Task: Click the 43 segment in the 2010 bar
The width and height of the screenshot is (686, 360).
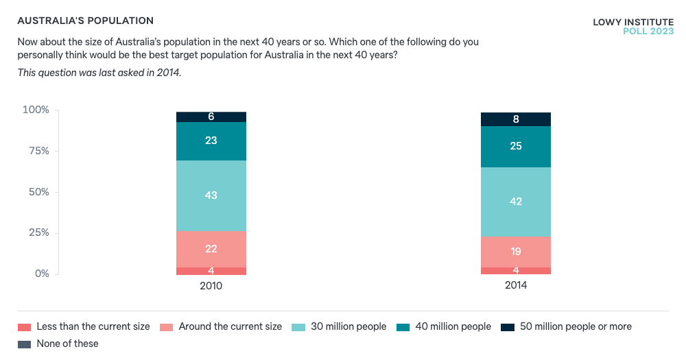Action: [x=211, y=195]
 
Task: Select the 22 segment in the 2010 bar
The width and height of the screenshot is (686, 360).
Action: [x=211, y=249]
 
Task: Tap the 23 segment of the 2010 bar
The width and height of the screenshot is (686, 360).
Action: [x=211, y=141]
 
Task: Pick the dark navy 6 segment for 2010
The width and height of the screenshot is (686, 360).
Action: [x=211, y=117]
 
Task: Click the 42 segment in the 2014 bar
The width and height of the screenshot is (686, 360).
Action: [x=516, y=202]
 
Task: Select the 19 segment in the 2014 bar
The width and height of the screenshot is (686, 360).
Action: [x=516, y=252]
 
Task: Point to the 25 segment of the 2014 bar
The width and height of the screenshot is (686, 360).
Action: [x=516, y=147]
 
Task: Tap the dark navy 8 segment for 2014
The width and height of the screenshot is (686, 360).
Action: [x=516, y=119]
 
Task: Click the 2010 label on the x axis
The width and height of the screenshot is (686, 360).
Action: [x=211, y=285]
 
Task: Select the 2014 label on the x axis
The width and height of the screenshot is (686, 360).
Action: [x=516, y=285]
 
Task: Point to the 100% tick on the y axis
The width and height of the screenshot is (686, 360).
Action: [x=36, y=110]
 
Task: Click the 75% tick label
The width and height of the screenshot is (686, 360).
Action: [x=38, y=151]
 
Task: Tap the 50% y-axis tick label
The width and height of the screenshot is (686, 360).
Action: [x=38, y=192]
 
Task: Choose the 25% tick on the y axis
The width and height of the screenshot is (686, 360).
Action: [x=38, y=233]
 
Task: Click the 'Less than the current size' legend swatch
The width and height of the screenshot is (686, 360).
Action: [x=25, y=327]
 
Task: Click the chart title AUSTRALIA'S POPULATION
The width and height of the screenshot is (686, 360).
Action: [x=86, y=21]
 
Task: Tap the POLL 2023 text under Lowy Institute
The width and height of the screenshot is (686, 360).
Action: [x=648, y=32]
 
